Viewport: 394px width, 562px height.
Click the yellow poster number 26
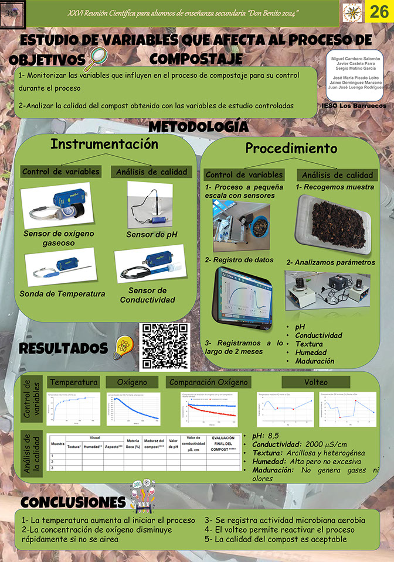378,12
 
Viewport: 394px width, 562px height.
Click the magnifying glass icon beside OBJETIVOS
97,59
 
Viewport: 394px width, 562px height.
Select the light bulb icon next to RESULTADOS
122,347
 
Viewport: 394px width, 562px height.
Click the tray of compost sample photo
334,224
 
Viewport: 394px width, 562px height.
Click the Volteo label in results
315,382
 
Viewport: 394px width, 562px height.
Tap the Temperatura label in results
73,382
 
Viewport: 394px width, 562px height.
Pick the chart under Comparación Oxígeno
209,409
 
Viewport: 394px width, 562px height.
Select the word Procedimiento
291,148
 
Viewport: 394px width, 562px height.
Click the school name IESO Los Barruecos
353,107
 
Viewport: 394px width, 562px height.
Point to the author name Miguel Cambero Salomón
356,59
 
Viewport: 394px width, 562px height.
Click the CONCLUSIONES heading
73,502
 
